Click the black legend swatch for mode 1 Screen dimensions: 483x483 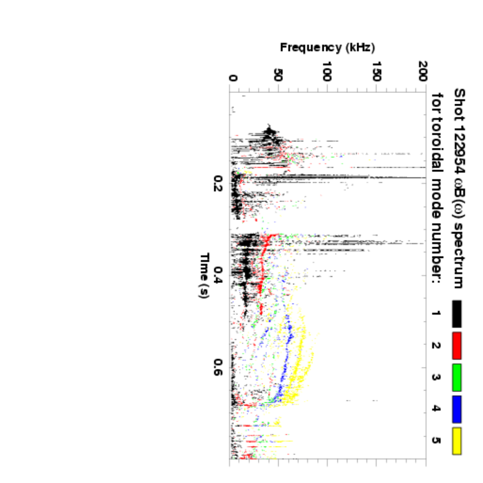point(456,313)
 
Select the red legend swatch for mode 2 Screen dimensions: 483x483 point(456,345)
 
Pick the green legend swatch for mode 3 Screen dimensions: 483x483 point(456,377)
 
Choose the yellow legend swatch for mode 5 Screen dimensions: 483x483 point(456,441)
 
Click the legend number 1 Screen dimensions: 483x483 point(436,313)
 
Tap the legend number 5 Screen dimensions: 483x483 point(436,441)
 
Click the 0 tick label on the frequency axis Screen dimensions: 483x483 point(233,78)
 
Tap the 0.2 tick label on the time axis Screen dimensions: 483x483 point(218,184)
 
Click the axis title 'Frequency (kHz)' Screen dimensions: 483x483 point(327,47)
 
